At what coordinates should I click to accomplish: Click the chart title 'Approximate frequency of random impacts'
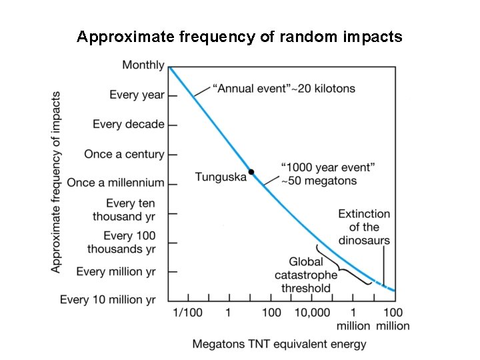click(x=239, y=37)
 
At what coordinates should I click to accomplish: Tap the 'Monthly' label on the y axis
click(x=143, y=65)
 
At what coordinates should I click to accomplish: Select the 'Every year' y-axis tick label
click(x=137, y=95)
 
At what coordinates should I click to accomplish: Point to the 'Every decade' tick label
click(x=128, y=124)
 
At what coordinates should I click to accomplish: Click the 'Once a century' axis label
click(x=124, y=154)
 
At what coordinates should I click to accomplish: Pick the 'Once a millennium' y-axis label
click(x=115, y=183)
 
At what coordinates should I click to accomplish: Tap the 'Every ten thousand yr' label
click(x=123, y=209)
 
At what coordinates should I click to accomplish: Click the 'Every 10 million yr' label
click(x=107, y=300)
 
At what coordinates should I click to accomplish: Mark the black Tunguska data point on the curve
click(x=251, y=172)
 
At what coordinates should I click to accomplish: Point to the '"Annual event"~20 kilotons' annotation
click(x=284, y=88)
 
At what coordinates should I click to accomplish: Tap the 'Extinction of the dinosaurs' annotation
click(x=363, y=227)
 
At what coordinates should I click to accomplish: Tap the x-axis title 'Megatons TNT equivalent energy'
click(x=279, y=344)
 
